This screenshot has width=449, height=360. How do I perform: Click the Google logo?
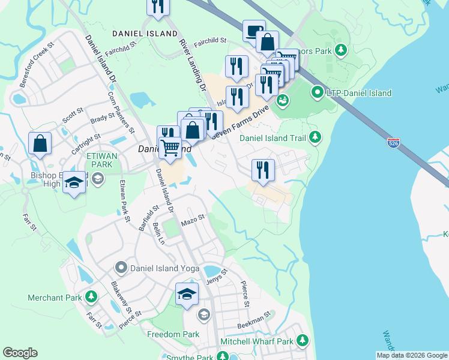pyautogui.click(x=20, y=353)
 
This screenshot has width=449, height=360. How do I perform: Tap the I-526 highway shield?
pyautogui.click(x=393, y=143)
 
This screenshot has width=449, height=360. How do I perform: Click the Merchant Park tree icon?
pyautogui.click(x=91, y=296)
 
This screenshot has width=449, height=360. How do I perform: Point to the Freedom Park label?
pyautogui.click(x=173, y=334)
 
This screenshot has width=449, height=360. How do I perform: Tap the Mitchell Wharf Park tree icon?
pyautogui.click(x=303, y=341)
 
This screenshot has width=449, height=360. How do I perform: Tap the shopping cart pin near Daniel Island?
pyautogui.click(x=170, y=146)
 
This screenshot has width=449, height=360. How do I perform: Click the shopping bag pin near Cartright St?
pyautogui.click(x=40, y=144)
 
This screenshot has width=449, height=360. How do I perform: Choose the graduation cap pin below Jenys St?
pyautogui.click(x=187, y=295)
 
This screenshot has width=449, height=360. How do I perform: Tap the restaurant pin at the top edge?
pyautogui.click(x=158, y=6)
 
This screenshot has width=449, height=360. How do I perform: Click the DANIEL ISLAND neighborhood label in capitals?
pyautogui.click(x=145, y=34)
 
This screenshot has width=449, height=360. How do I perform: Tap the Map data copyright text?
pyautogui.click(x=412, y=355)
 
